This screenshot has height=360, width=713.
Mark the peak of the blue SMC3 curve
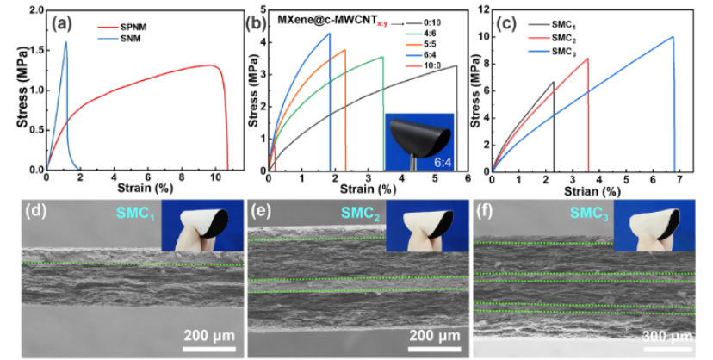(673, 37)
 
